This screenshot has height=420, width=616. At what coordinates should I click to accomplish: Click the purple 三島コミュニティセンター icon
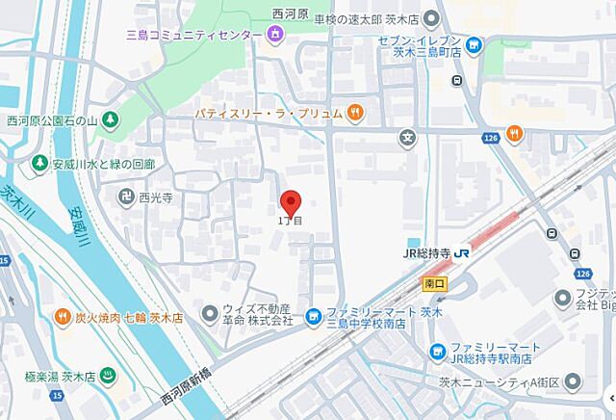[x=276, y=36]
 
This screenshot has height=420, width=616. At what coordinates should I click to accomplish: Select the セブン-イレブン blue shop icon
[x=474, y=44]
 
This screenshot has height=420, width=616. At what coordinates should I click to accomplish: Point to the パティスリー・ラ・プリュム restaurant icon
[x=355, y=113]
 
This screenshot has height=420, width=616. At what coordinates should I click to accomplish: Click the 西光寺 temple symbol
[x=126, y=197]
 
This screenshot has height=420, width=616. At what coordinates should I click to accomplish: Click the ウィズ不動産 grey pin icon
[x=211, y=313]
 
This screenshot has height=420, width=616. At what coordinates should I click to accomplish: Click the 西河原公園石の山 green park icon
[x=113, y=120]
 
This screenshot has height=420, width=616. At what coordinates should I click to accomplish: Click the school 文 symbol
[x=410, y=136]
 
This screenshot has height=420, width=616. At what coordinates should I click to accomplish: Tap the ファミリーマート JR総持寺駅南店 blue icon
[x=439, y=350]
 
